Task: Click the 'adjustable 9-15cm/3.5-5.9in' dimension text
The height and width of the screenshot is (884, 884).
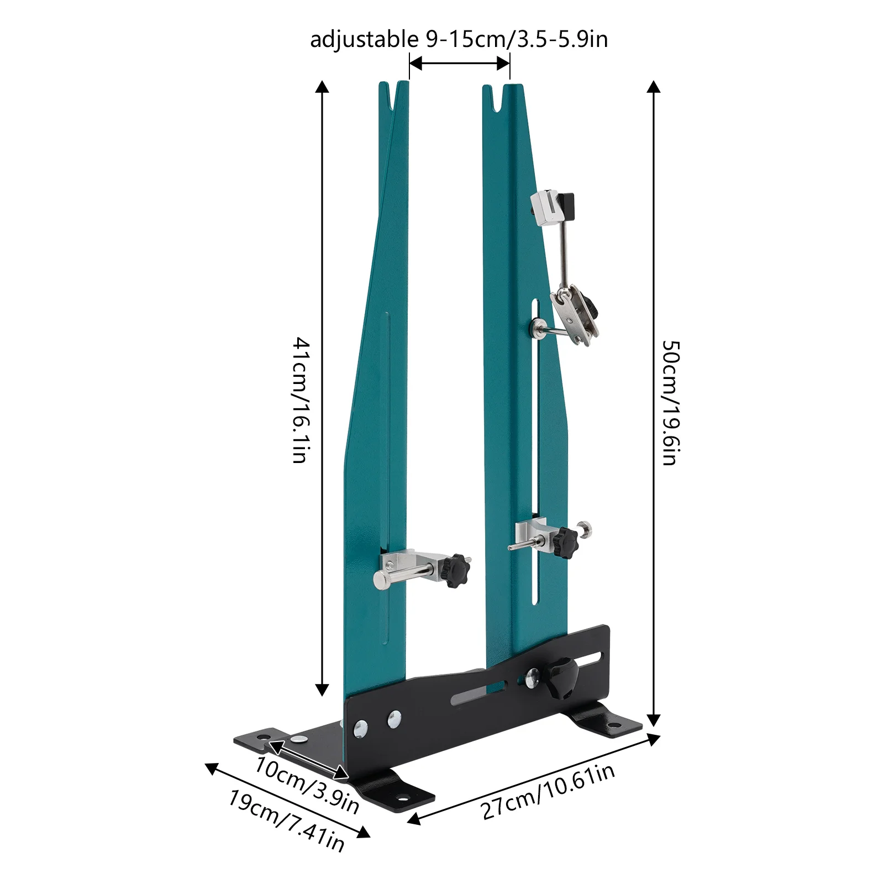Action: tap(459, 40)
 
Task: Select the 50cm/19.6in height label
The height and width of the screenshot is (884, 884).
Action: tap(671, 403)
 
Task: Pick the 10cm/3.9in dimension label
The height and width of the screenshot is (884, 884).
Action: tap(307, 785)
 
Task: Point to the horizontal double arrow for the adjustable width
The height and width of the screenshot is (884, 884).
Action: tap(459, 64)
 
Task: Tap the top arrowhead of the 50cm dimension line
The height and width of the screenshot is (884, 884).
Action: tap(654, 87)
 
